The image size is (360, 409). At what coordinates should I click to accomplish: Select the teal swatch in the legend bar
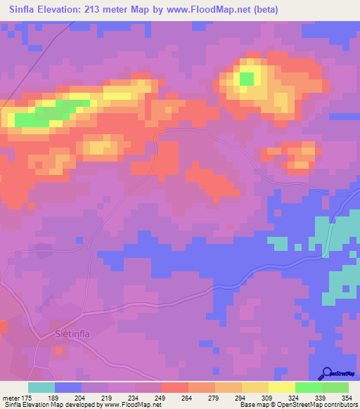point(41,387)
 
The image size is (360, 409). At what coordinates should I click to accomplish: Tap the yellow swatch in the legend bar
point(281,387)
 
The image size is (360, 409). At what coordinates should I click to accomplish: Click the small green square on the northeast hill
point(247,79)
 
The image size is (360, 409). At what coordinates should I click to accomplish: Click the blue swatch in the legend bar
point(68,387)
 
